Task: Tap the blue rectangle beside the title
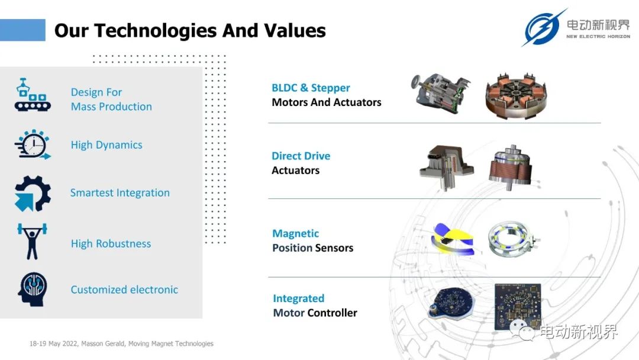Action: (x=22, y=30)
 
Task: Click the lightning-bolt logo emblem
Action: (x=543, y=28)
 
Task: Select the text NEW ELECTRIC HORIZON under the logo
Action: (x=598, y=37)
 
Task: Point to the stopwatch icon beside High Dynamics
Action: (x=33, y=144)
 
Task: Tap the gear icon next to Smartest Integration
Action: (x=33, y=193)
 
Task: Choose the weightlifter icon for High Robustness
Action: (x=32, y=242)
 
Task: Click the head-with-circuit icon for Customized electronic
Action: (x=32, y=290)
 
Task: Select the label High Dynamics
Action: (x=106, y=145)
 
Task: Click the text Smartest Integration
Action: (x=120, y=193)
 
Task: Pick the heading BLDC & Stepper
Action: (x=311, y=88)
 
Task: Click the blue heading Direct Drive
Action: (x=301, y=156)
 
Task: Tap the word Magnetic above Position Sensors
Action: (x=295, y=234)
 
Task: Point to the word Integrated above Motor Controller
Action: (x=299, y=299)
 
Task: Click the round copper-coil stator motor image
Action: (x=516, y=96)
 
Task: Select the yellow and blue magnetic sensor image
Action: (x=453, y=239)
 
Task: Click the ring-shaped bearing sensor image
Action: (x=512, y=239)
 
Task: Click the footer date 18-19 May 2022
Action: (x=53, y=343)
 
